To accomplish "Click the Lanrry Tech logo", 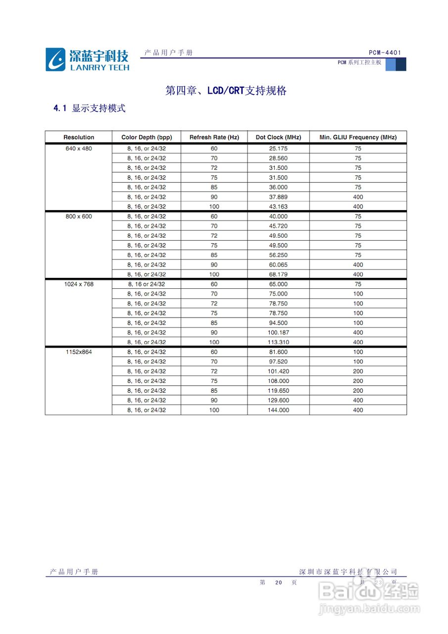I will click(x=87, y=59).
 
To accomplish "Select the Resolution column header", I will click(x=79, y=137).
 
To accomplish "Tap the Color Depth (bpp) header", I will click(x=147, y=137).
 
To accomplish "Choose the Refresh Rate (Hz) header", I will click(x=214, y=137).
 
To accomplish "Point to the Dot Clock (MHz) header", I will click(x=278, y=137).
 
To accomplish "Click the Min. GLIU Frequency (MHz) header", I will click(x=358, y=137).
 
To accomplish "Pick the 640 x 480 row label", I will click(x=79, y=149).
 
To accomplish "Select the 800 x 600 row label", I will click(x=79, y=216).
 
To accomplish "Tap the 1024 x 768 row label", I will click(x=79, y=284).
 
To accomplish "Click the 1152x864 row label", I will click(x=79, y=352).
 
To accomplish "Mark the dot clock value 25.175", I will click(x=278, y=149).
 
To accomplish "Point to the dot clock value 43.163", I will click(x=278, y=207).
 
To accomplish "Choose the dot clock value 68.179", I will click(x=278, y=274).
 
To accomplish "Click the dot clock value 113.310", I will click(x=278, y=342).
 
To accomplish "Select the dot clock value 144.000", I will click(x=278, y=410).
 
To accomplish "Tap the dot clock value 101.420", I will click(x=278, y=371).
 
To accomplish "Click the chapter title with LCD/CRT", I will click(x=226, y=91).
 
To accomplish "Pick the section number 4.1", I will click(x=60, y=108).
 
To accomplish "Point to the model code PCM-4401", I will click(x=385, y=53).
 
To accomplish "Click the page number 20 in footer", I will click(x=278, y=583).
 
